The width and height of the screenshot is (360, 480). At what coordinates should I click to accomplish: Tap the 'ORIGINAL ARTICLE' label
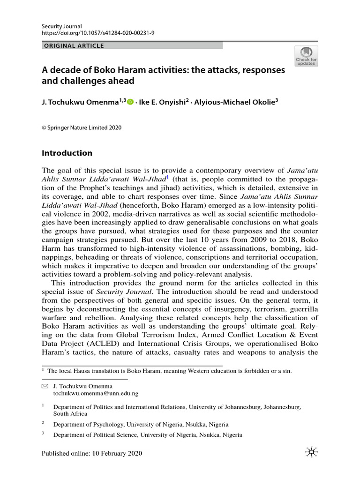pos(73,46)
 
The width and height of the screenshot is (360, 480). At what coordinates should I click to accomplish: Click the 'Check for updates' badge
pos(306,56)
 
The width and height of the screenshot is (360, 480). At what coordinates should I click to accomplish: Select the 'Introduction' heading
pos(67,153)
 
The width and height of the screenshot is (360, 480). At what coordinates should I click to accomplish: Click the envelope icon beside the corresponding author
pos(45,386)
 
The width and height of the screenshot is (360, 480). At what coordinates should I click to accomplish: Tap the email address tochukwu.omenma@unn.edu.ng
pos(96,394)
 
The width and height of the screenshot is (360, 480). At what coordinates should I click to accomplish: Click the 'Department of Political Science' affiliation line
pos(147,435)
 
